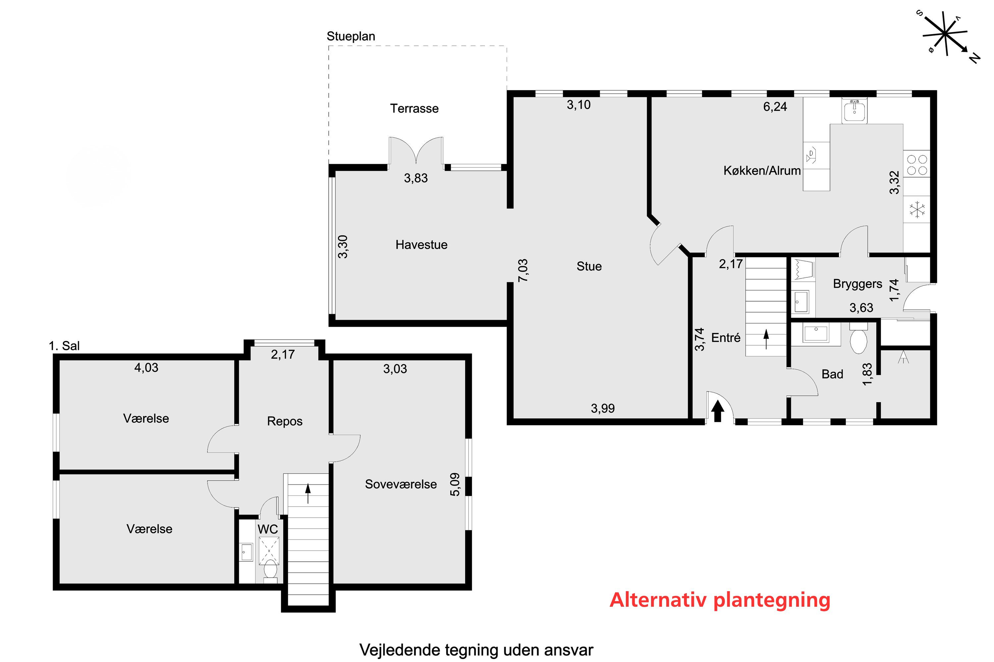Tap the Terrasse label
coord(414,109)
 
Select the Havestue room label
coord(421,245)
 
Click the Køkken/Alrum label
coord(762,170)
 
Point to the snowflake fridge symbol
coord(917,210)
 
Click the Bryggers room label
coord(857,284)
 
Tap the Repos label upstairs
coord(285,421)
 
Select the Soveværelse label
coord(401,484)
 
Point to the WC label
coord(268,529)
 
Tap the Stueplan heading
coord(351,36)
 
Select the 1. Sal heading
coord(64,346)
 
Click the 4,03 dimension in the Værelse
coord(146,368)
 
